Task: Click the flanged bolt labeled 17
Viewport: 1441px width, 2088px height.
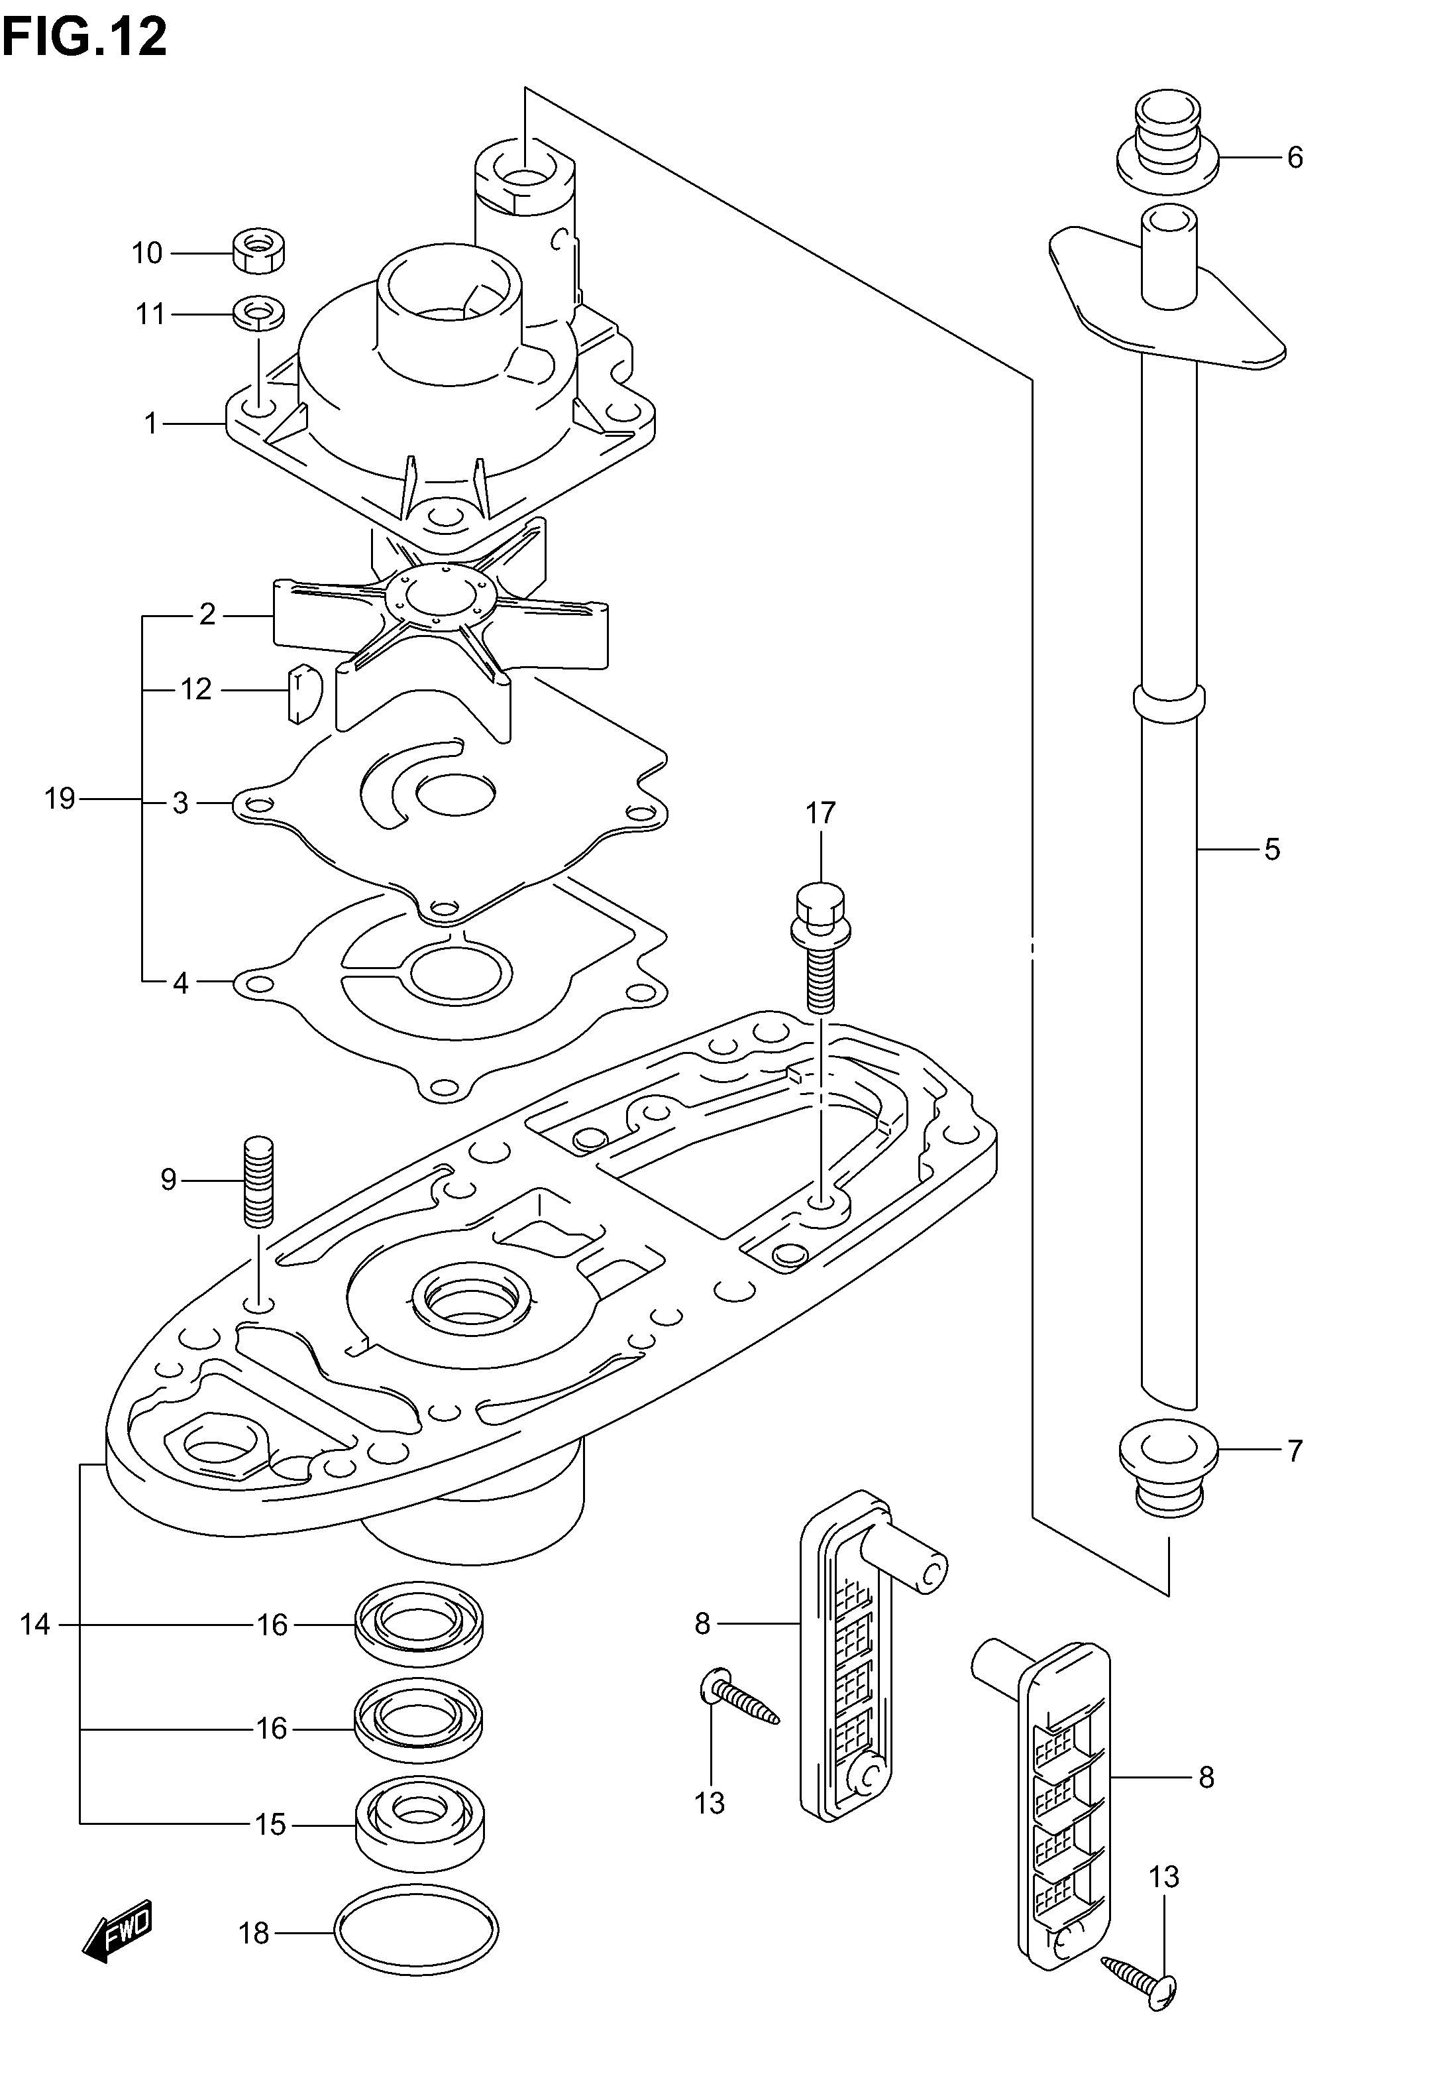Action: point(820,947)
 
